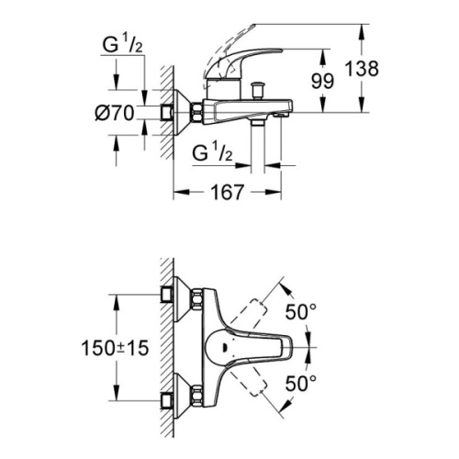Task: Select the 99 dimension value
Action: pos(321,81)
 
